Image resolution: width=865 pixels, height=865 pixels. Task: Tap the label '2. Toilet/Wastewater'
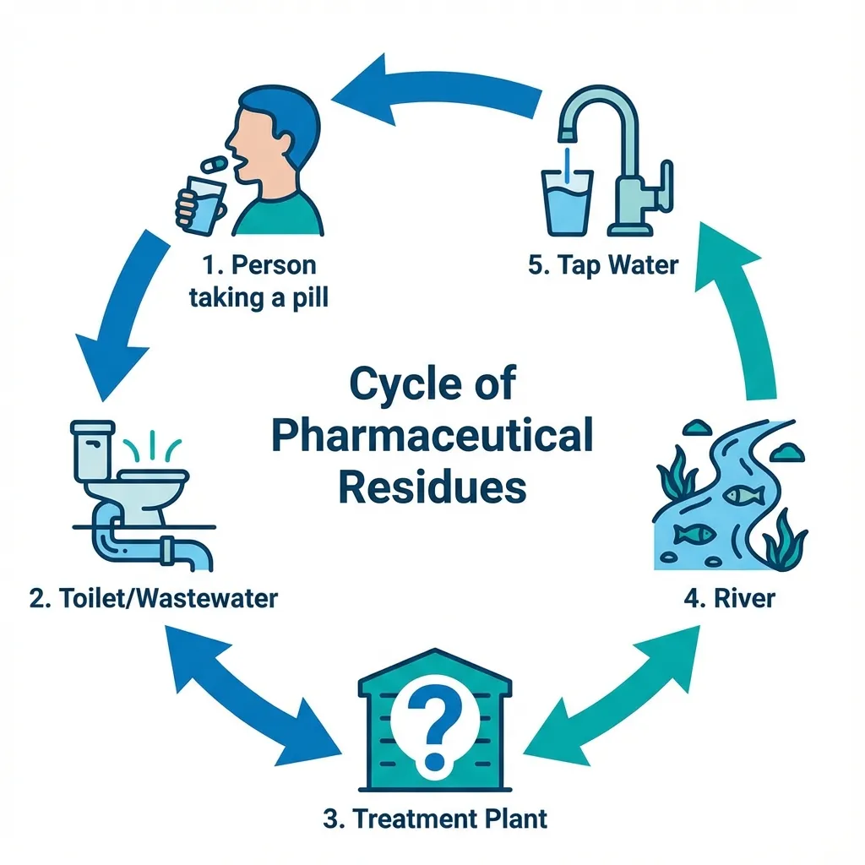pyautogui.click(x=153, y=599)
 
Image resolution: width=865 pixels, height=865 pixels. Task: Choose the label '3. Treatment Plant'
pyautogui.click(x=435, y=818)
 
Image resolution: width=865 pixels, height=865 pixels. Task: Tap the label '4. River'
pyautogui.click(x=728, y=600)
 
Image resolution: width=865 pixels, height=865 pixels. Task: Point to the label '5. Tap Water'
pyautogui.click(x=603, y=265)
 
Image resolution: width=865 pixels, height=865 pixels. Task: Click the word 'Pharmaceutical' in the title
pyautogui.click(x=434, y=437)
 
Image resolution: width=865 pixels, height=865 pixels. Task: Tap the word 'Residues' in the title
pyautogui.click(x=434, y=488)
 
